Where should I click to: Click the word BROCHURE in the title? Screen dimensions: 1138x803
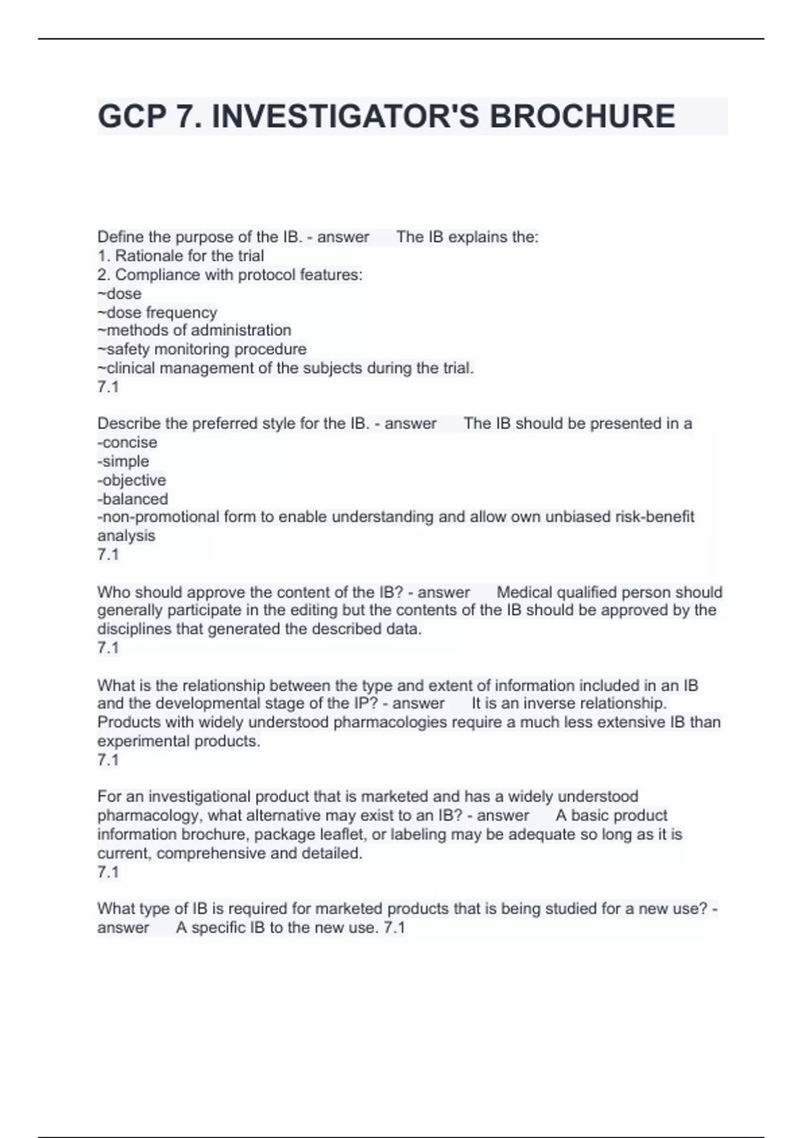[582, 116]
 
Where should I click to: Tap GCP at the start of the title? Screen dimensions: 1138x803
[131, 116]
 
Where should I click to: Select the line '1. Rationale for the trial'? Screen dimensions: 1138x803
[181, 256]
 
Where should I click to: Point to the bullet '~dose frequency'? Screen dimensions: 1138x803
[157, 313]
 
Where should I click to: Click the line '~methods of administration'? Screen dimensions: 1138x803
[194, 330]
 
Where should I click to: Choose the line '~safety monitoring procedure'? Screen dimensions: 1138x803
[202, 349]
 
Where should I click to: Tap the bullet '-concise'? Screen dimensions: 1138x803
[127, 442]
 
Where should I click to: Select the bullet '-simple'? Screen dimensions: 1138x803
[123, 461]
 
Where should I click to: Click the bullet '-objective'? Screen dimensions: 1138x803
[132, 480]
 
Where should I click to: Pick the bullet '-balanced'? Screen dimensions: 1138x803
[132, 499]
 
